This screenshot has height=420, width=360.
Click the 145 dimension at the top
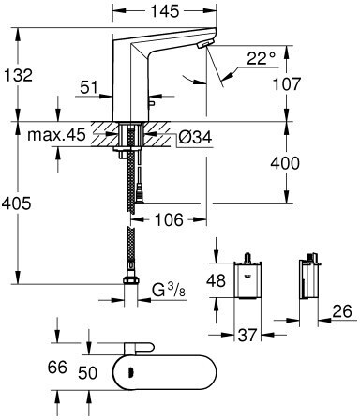165,11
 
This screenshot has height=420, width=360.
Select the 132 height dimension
19,75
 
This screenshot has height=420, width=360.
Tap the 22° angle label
262,58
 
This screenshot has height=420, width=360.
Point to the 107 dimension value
286,84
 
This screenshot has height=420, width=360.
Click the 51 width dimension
89,87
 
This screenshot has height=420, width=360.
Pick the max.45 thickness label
56,135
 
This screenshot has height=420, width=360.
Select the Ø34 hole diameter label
196,137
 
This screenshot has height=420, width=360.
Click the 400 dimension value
285,163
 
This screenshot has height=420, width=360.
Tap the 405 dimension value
16,203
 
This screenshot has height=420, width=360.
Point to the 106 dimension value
169,220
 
